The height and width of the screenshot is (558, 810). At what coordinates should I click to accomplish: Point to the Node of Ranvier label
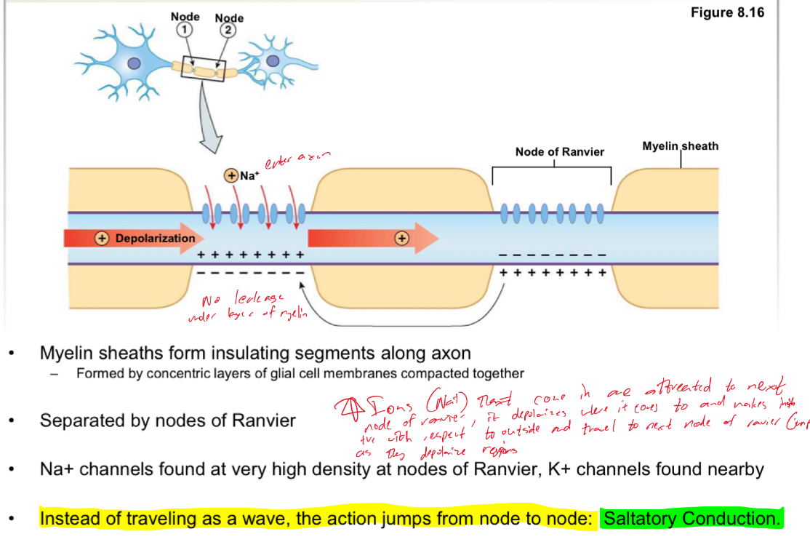pos(559,152)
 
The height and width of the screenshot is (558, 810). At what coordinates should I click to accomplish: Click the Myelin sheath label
pos(680,146)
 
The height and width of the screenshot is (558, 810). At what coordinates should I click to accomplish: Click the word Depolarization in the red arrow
pos(155,238)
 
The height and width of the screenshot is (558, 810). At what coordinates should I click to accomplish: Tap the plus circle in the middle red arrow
pos(401,238)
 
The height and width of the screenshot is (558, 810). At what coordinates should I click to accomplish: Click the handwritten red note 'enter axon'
pos(297,160)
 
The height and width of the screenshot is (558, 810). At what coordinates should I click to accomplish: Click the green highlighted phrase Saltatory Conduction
pos(691,519)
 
